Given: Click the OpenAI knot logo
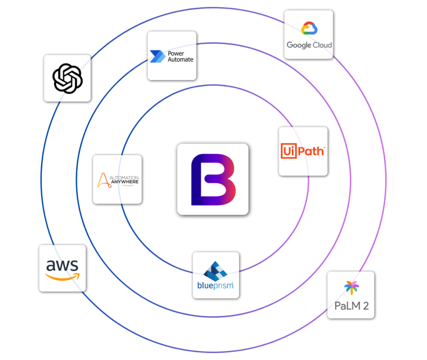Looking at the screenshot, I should [67, 78].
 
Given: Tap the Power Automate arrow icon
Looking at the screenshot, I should [155, 56].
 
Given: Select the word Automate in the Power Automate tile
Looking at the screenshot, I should [180, 59].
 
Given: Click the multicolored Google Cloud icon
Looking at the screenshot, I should [309, 28].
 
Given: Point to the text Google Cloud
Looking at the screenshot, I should [309, 45].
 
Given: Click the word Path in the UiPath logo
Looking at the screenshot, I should [311, 151].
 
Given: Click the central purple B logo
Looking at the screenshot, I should [212, 179].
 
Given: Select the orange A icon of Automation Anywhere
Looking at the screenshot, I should [103, 180].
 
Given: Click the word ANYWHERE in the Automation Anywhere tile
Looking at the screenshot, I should [125, 181].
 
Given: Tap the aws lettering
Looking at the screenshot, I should [62, 264].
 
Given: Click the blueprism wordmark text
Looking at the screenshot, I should [215, 287].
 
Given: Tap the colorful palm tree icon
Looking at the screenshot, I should [351, 288].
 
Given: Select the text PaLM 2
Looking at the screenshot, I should [351, 306].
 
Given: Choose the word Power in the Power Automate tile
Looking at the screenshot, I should [176, 53].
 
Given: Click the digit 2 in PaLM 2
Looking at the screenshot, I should [365, 306].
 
